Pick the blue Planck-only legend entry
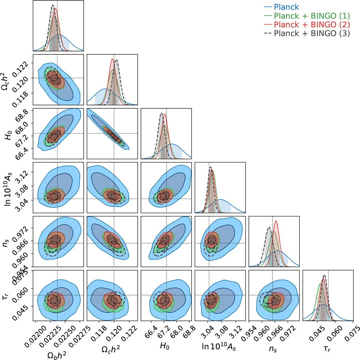pyautogui.click(x=286, y=7)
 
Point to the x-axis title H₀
pyautogui.click(x=164, y=346)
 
